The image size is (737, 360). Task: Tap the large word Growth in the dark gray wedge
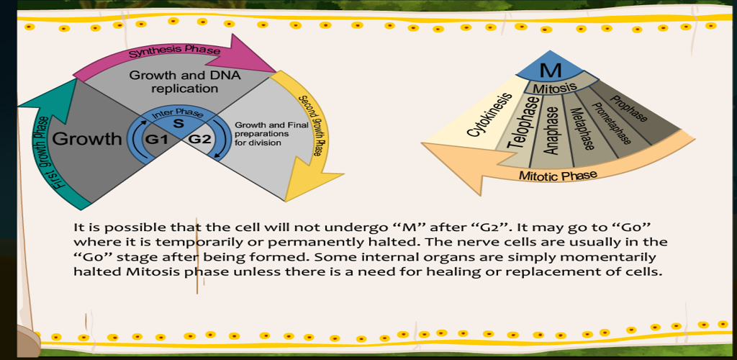87,139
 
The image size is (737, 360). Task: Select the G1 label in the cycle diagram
156,140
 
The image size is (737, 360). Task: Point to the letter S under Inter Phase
179,125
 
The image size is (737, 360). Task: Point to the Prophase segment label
628,107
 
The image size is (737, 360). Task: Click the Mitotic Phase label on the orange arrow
558,176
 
